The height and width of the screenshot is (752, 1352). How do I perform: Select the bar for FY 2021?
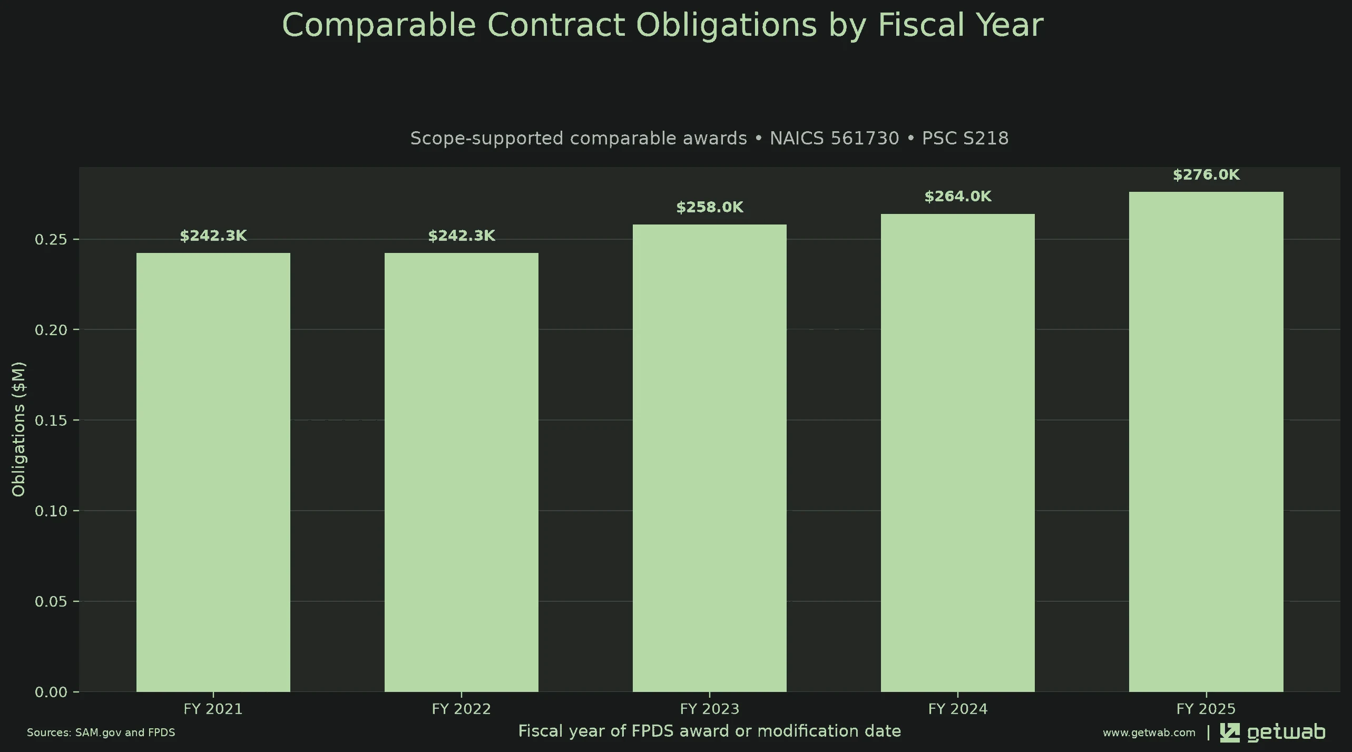(x=213, y=472)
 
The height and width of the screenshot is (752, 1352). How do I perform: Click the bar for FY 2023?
(x=709, y=458)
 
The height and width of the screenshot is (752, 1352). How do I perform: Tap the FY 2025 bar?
(x=1206, y=442)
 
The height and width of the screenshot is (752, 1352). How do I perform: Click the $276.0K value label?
(x=1206, y=175)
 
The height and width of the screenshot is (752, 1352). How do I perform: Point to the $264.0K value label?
(x=958, y=197)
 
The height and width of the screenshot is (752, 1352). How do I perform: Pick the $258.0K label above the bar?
(x=710, y=208)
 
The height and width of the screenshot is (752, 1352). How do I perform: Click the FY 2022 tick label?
(x=462, y=709)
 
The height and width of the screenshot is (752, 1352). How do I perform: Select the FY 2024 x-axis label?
(x=958, y=709)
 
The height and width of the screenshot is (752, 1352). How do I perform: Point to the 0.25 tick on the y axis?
(x=51, y=239)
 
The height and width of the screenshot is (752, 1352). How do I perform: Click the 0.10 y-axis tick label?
(x=51, y=511)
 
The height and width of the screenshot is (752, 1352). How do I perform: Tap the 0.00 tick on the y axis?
(x=51, y=692)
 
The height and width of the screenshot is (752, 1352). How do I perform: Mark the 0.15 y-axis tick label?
(x=51, y=420)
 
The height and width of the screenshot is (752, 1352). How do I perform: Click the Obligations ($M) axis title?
(x=18, y=429)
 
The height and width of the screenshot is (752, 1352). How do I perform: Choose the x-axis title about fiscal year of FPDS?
(x=710, y=731)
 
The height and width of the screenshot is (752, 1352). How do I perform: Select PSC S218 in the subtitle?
(x=965, y=138)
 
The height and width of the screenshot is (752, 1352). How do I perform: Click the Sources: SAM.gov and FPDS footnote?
(x=101, y=733)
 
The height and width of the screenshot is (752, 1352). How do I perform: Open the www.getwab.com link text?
(x=1149, y=733)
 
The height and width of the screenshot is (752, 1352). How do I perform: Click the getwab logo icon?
(x=1230, y=733)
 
